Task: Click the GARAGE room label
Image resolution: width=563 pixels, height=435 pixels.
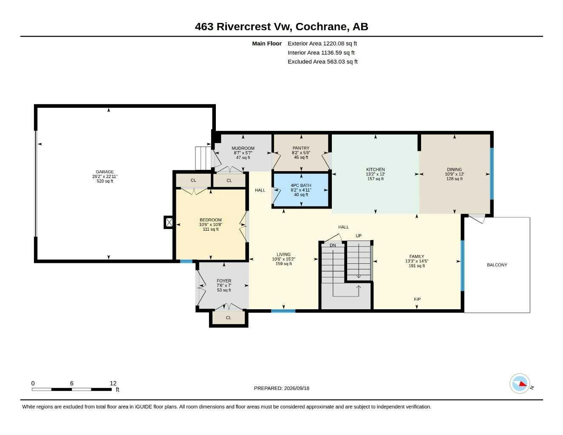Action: pos(105,172)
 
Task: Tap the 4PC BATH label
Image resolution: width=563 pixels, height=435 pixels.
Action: pos(301,185)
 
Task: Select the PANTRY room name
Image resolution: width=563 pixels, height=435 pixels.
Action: pos(301,148)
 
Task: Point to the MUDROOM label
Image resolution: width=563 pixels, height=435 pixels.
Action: pos(243,148)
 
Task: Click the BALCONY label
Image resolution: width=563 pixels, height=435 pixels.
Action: pos(497,265)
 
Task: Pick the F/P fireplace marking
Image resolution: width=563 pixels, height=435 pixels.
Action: pos(417,299)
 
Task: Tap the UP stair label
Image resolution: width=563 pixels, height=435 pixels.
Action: pos(359,236)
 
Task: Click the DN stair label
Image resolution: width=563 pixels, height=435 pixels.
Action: pos(333,245)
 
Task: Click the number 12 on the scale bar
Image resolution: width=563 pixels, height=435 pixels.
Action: pos(113,383)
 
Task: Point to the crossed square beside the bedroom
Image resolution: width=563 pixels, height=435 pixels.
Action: pos(169,222)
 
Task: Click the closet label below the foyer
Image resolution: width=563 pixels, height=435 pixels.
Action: pos(228,318)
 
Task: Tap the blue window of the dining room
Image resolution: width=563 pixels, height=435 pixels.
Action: pos(492,174)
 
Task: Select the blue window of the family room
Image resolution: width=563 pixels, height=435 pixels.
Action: pos(462,266)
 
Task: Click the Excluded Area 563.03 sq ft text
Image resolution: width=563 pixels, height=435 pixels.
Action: pos(323,62)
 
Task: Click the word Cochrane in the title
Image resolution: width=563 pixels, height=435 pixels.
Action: pos(321,27)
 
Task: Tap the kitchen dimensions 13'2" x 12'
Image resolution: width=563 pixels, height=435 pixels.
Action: pos(376,174)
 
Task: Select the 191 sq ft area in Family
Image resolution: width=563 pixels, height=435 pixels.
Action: pos(416,266)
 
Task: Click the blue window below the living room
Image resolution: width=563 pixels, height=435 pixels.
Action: pos(283,311)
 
